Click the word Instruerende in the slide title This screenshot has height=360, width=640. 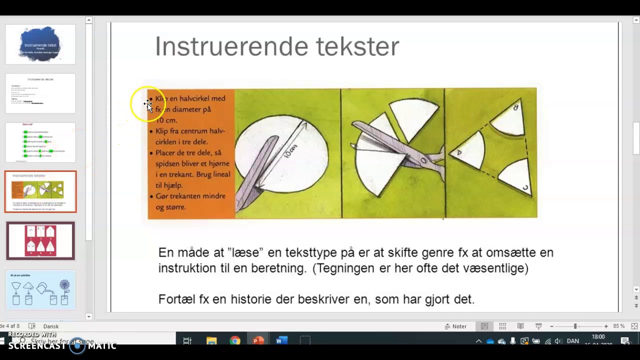click(231, 46)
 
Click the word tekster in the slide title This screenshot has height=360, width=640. click(357, 46)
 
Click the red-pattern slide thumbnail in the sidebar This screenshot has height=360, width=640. click(40, 240)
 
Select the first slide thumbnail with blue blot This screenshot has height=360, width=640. click(40, 44)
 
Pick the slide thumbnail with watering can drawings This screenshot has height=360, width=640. click(40, 290)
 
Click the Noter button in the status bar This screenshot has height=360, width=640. click(455, 326)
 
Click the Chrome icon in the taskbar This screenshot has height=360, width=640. click(235, 341)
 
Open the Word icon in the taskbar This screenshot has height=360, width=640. click(281, 341)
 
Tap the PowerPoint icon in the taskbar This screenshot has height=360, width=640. click(258, 341)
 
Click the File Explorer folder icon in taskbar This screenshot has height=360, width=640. click(211, 341)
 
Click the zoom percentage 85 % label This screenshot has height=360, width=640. click(619, 326)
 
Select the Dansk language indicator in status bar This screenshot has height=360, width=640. click(51, 326)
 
